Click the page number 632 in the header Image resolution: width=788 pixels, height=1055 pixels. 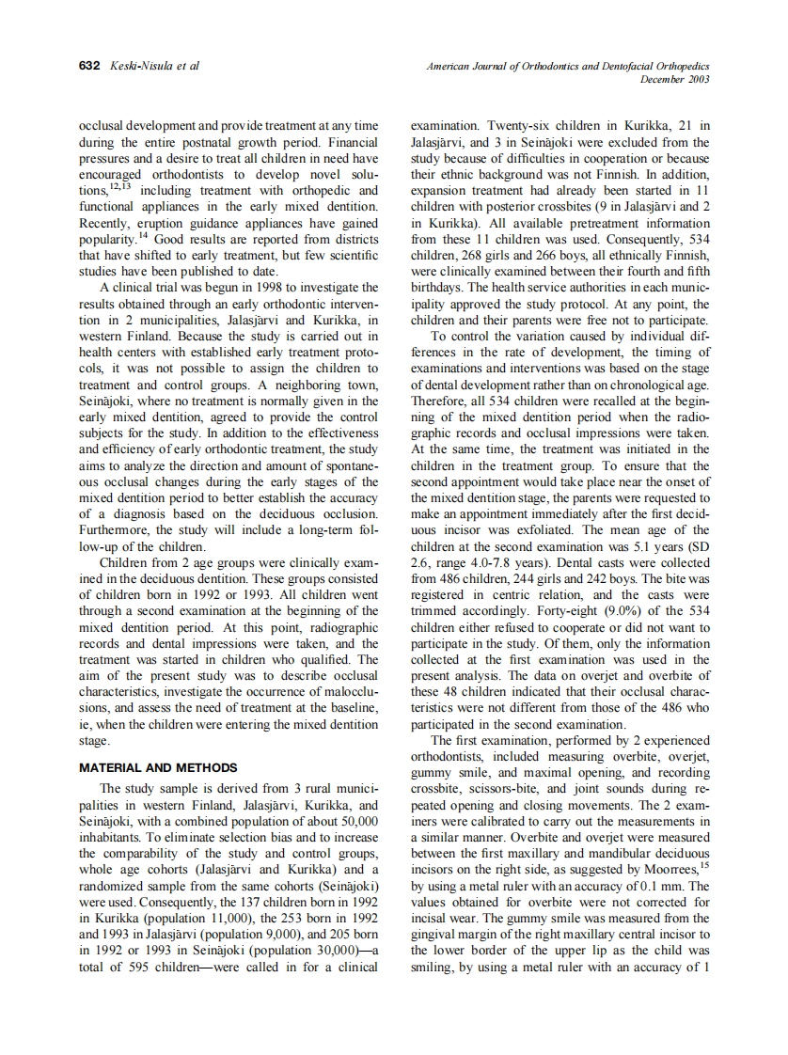89,66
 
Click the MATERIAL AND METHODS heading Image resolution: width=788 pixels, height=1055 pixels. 158,767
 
